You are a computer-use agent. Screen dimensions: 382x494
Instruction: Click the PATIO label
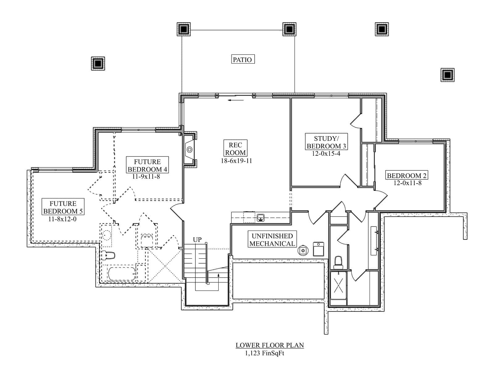243,59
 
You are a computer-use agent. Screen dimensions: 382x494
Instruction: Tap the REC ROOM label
235,149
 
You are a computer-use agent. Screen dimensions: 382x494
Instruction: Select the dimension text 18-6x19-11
236,161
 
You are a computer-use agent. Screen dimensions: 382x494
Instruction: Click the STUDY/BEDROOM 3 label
326,142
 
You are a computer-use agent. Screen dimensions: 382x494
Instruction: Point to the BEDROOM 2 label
407,176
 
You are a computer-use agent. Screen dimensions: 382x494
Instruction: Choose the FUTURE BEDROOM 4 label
147,165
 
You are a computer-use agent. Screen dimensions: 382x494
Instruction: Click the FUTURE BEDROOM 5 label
63,207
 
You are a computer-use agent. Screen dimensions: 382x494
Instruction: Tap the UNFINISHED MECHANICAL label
272,240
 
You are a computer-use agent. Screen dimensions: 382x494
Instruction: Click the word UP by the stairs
197,240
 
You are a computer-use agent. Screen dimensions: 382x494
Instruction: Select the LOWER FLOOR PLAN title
270,345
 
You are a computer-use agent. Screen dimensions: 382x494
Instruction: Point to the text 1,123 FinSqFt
265,354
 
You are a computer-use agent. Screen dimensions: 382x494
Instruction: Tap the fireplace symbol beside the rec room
189,150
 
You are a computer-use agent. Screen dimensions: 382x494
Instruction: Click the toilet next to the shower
338,262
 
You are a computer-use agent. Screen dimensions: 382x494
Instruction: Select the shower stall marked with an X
338,285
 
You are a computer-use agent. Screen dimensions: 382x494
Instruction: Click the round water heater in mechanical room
303,250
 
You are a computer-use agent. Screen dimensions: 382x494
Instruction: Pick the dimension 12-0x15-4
326,154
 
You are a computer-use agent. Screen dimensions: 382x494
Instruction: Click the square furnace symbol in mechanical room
318,249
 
